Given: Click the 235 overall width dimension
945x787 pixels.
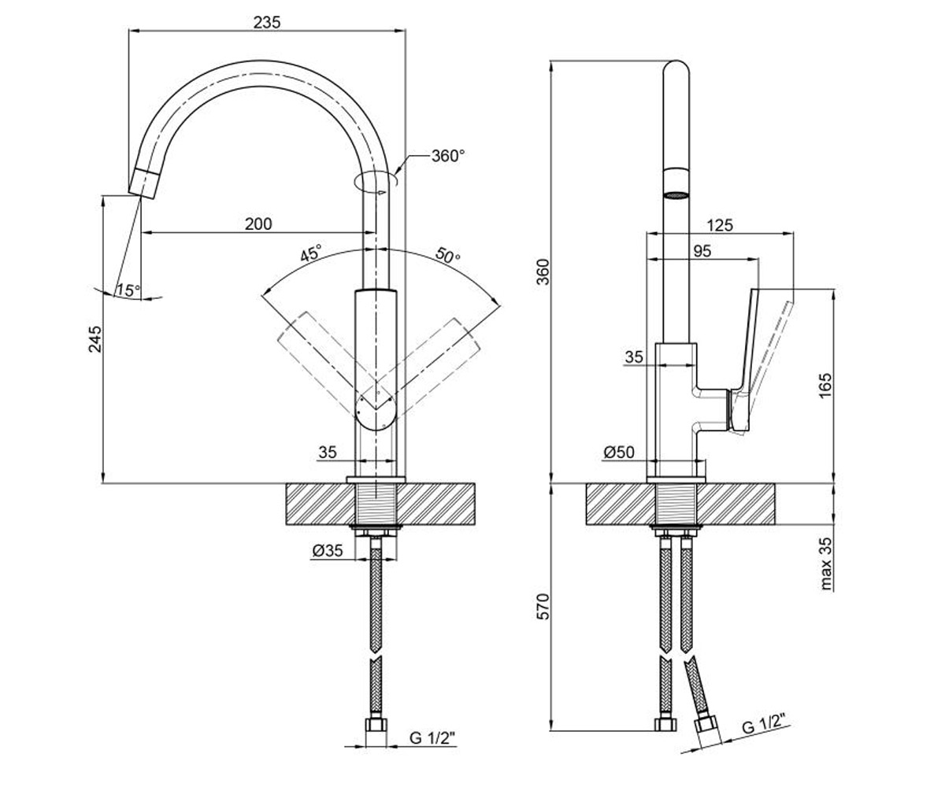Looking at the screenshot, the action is tap(267, 22).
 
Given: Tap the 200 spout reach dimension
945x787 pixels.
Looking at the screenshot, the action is tap(258, 224).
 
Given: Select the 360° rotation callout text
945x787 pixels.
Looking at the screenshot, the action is tap(448, 156).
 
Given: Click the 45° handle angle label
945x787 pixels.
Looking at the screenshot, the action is tap(311, 253).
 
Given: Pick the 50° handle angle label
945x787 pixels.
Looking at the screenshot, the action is tap(447, 256).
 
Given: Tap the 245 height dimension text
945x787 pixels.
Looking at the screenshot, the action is tap(95, 338).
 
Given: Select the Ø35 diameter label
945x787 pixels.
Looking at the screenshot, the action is tap(328, 550).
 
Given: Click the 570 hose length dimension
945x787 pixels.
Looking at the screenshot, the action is tap(543, 607).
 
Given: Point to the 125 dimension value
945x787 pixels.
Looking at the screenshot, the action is tap(720, 225).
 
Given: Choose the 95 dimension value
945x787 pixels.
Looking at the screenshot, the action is tap(702, 251).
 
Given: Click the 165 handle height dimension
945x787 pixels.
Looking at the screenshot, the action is tap(825, 385).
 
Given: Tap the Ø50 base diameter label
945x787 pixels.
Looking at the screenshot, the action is tap(619, 452).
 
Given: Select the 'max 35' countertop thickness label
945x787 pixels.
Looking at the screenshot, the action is tap(825, 563).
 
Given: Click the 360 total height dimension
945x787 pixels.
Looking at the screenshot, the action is tap(543, 272).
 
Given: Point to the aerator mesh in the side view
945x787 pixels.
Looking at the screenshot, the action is tap(676, 195).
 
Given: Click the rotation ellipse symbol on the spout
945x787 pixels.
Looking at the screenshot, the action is tap(376, 181).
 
